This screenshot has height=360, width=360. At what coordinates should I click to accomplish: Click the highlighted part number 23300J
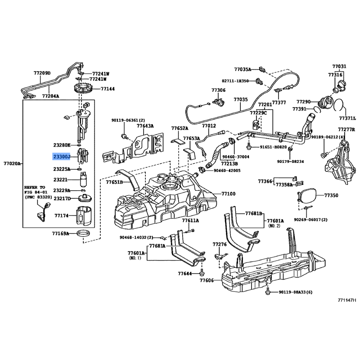(x=62, y=157)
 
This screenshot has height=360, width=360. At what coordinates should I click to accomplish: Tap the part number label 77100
(x=228, y=194)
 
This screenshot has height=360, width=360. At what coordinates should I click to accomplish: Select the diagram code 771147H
(x=347, y=300)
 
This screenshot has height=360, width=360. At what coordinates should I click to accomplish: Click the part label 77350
(x=331, y=196)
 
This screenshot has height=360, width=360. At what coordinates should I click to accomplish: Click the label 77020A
(x=12, y=164)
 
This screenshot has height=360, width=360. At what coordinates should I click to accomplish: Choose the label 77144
(x=108, y=89)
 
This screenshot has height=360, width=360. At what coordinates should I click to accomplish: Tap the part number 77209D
(x=42, y=73)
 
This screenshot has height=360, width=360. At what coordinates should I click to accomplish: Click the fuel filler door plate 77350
(x=308, y=195)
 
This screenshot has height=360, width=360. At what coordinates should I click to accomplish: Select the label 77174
(x=62, y=216)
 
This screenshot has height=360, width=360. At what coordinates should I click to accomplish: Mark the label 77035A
(x=243, y=69)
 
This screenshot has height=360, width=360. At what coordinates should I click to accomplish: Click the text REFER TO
(x=35, y=187)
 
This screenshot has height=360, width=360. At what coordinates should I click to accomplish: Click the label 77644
(x=184, y=273)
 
